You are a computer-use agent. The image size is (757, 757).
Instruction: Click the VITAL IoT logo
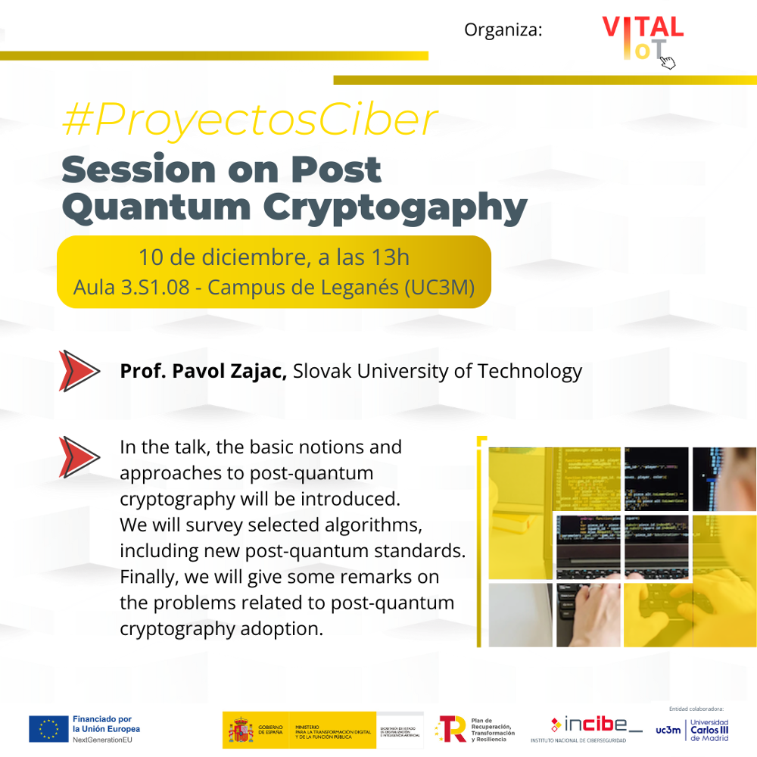coord(642,40)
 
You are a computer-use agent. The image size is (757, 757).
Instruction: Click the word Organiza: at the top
coord(503,30)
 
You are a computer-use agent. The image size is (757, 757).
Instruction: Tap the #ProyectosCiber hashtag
coord(250,120)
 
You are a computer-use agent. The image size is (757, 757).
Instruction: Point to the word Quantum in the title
coord(155,207)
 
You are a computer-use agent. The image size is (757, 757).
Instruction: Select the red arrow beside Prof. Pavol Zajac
coord(79,371)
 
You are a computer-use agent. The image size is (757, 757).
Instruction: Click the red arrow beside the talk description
coord(79,456)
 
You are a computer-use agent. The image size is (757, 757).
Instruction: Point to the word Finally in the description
coord(147,577)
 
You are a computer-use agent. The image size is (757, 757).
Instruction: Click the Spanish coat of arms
coord(241,731)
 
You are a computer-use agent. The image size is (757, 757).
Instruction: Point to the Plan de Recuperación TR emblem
coord(451,729)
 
